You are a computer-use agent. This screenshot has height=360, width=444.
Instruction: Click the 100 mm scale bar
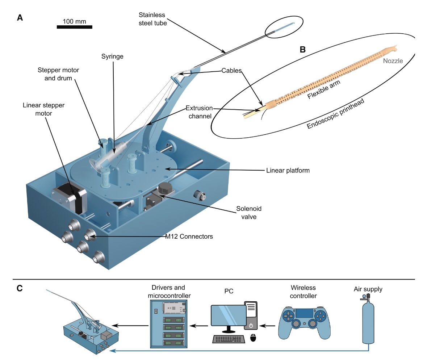(74, 27)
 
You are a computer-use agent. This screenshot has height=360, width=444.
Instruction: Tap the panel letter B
(303, 50)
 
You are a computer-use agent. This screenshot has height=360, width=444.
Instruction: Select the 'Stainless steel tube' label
(152, 19)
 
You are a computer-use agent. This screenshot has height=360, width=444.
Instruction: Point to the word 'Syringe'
(112, 56)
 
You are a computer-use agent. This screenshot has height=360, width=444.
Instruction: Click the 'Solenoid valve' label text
(249, 213)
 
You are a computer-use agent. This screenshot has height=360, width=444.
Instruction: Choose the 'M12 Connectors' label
(189, 236)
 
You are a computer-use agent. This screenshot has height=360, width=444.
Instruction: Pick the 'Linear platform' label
(288, 170)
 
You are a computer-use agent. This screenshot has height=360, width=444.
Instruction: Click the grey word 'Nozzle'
(393, 61)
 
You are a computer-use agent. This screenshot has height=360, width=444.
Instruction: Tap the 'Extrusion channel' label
(200, 112)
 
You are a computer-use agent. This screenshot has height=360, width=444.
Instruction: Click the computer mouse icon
(253, 338)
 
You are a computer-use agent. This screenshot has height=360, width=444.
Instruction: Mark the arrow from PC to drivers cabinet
(199, 326)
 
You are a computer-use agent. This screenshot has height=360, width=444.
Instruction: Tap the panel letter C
(20, 288)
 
